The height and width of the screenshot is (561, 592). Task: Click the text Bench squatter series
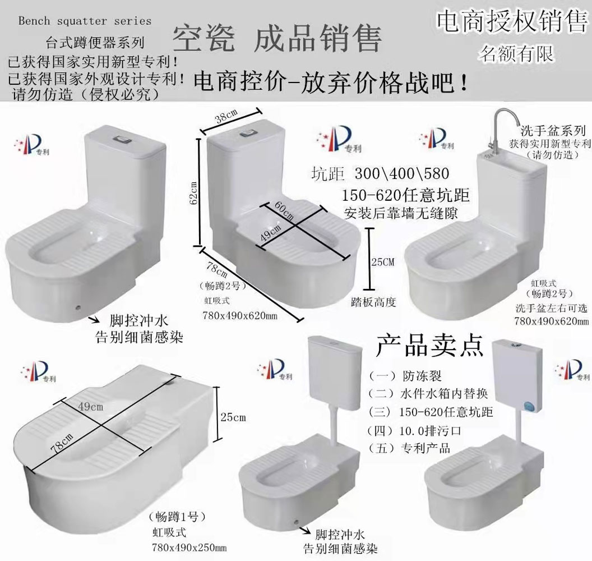tap(85, 21)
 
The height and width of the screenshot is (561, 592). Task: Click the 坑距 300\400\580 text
tap(380, 172)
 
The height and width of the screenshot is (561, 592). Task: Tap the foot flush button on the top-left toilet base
tap(77, 307)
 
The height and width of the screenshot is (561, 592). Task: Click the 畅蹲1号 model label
tap(178, 517)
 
